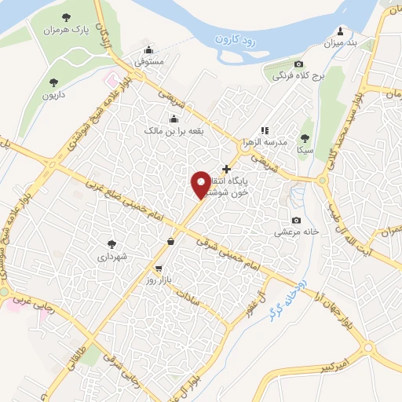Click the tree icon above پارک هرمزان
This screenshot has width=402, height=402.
pos(64,16)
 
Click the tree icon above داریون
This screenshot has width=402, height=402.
pos(53,81)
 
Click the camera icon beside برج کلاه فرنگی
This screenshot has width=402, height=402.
pos(298,64)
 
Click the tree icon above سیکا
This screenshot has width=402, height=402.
pos(305,137)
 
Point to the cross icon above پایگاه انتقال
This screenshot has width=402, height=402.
pos(226,168)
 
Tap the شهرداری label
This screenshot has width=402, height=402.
pos(111,256)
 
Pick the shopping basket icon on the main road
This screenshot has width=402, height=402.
pos(170,241)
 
